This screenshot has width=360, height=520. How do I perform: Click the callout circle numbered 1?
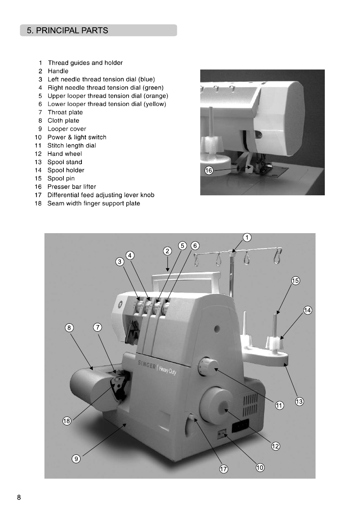click(x=247, y=238)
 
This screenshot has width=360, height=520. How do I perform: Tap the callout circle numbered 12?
click(x=276, y=446)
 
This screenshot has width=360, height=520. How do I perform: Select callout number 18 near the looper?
click(x=67, y=421)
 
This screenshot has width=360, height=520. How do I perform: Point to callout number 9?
click(x=76, y=458)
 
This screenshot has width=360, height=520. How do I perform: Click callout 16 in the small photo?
click(x=209, y=171)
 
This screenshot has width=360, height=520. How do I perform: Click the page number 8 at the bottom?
click(x=18, y=498)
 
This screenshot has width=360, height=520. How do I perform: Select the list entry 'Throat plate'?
click(x=65, y=112)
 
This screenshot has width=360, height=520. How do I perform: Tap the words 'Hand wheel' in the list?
click(x=64, y=154)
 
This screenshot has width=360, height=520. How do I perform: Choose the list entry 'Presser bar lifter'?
click(x=71, y=187)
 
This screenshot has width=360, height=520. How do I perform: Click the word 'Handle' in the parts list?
click(x=58, y=71)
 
